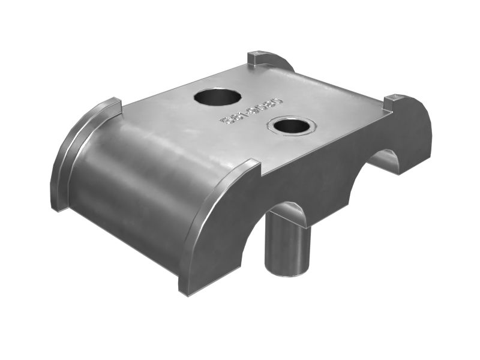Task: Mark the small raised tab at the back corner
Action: [257, 58]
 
